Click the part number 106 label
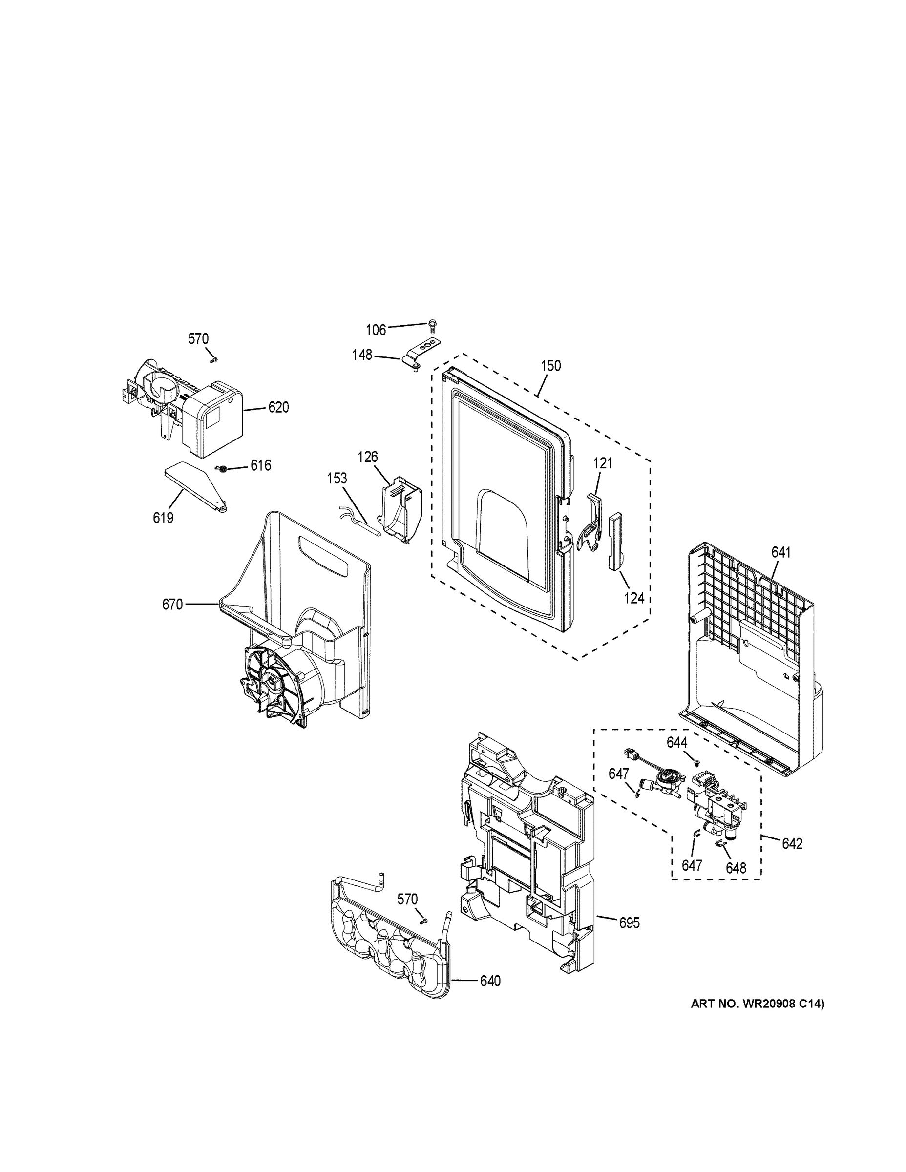(376, 330)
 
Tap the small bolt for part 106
(433, 324)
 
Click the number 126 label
(368, 457)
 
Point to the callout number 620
(278, 408)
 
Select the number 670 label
(172, 605)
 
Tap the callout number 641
(781, 552)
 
